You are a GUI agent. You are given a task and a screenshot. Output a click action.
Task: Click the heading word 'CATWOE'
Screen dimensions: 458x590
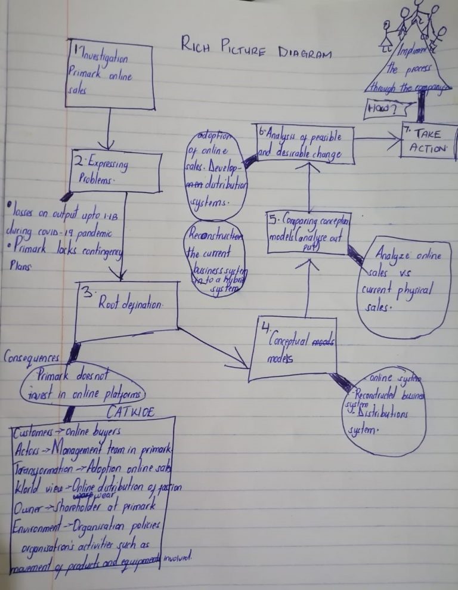click(x=131, y=411)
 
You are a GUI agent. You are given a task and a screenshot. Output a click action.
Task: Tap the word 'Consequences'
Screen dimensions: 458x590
click(x=32, y=357)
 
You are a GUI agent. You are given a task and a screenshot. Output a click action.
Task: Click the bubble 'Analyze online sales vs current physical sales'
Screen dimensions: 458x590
click(x=403, y=286)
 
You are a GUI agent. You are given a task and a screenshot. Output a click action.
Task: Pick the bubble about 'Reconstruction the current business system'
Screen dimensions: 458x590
click(x=213, y=260)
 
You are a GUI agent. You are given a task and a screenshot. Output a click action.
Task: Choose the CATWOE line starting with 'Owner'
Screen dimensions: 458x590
click(x=83, y=506)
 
